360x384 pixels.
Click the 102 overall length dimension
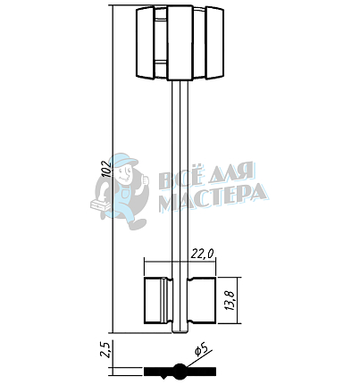(106, 169)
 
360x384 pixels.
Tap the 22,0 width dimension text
(202, 254)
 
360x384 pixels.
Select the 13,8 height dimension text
(231, 300)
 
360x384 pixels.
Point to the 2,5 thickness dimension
(106, 349)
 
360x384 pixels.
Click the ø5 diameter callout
(201, 349)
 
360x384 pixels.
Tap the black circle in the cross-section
(180, 371)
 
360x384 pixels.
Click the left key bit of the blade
(158, 300)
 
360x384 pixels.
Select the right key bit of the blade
(202, 300)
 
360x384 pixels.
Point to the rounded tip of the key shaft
(180, 330)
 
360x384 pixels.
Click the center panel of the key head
(180, 43)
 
